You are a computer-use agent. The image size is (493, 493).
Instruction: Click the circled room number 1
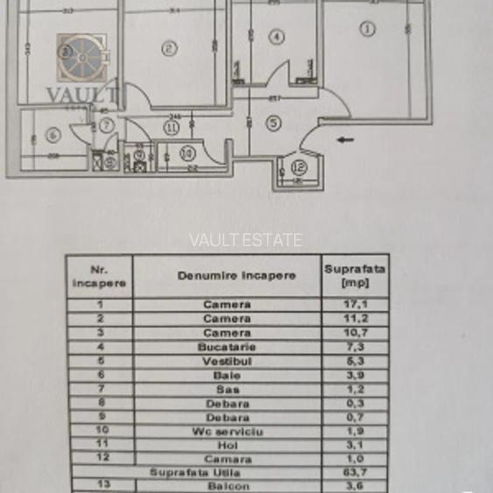click(x=368, y=29)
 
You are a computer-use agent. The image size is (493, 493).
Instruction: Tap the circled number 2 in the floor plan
click(x=169, y=49)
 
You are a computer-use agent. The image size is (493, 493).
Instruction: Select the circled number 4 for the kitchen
click(x=277, y=37)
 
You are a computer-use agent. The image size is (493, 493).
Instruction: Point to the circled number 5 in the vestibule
click(x=273, y=123)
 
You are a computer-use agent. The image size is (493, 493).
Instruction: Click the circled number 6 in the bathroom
click(x=52, y=136)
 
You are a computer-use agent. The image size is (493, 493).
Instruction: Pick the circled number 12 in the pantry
click(x=299, y=166)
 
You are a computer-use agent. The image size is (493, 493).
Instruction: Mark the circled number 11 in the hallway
click(x=171, y=128)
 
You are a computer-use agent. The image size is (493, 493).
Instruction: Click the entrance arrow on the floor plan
click(x=345, y=138)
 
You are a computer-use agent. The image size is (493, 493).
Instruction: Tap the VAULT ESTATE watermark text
click(x=246, y=240)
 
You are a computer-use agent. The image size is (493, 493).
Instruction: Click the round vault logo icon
click(x=82, y=56)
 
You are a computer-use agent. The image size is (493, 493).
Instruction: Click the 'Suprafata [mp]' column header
click(x=355, y=275)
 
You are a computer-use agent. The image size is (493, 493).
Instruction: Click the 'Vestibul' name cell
click(x=227, y=361)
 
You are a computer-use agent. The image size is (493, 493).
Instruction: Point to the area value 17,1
click(x=355, y=305)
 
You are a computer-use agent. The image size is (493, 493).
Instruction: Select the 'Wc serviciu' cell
click(x=227, y=432)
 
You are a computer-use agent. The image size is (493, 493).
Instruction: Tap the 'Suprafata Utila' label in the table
click(x=194, y=473)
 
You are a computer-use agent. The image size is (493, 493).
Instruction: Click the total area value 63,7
click(x=355, y=473)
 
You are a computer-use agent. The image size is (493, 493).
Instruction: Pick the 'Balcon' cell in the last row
click(x=227, y=486)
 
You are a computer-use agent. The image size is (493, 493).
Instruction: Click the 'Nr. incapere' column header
click(x=99, y=276)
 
